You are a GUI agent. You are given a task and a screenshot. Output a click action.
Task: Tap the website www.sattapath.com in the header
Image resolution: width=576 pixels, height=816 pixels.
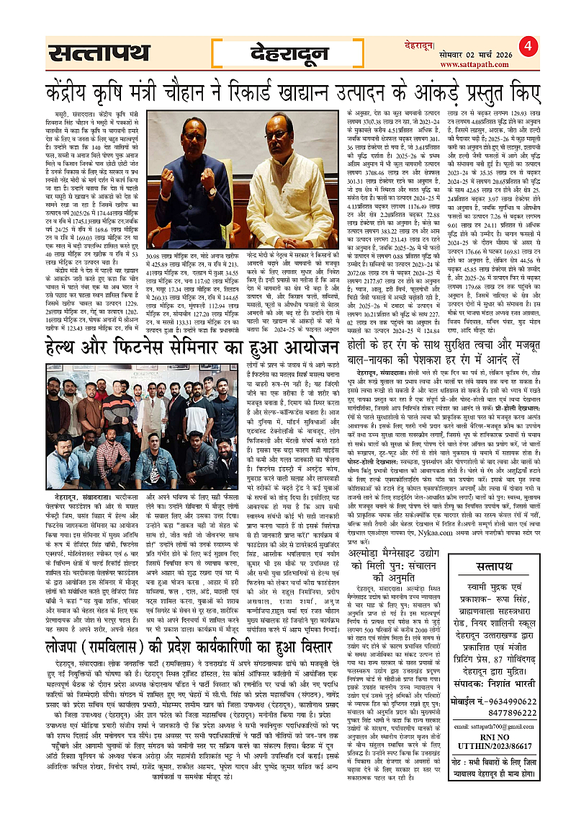(x=469, y=65)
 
